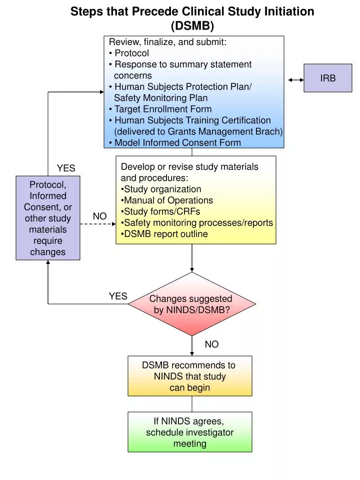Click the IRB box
(x=327, y=78)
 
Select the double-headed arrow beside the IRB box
(x=296, y=79)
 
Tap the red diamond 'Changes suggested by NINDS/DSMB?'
(x=191, y=304)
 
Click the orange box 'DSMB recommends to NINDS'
(x=189, y=376)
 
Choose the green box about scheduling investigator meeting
(x=189, y=432)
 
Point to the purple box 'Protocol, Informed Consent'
(x=47, y=218)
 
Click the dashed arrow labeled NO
(x=97, y=224)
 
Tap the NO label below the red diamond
(x=211, y=344)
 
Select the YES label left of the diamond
(x=118, y=296)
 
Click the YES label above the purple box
(x=66, y=168)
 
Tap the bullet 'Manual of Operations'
(x=168, y=200)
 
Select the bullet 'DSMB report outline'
(x=165, y=234)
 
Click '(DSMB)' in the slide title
(x=192, y=25)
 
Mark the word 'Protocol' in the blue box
(x=131, y=53)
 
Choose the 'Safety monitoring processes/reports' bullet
(x=198, y=222)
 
